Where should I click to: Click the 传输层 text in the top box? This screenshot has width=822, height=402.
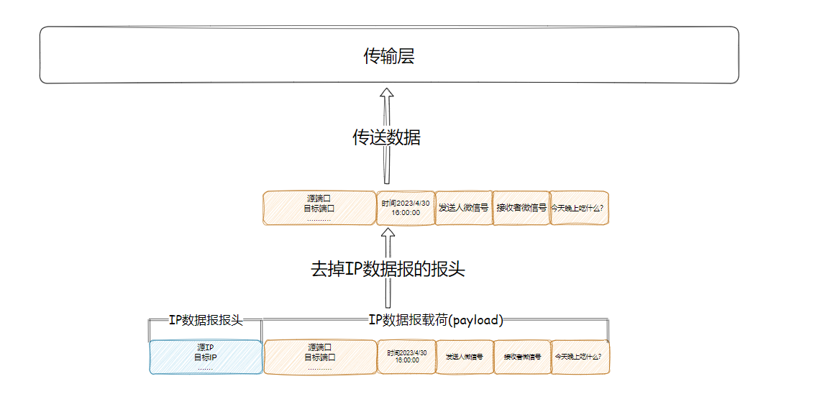click(x=388, y=56)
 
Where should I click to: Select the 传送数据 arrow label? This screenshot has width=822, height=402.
click(x=386, y=137)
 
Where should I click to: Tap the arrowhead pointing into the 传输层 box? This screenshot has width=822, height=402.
click(x=387, y=95)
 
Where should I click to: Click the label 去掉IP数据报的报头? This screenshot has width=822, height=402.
click(x=388, y=270)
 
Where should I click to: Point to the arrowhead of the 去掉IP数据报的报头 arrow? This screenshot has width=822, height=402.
click(x=388, y=235)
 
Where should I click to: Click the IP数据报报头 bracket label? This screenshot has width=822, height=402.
click(x=206, y=321)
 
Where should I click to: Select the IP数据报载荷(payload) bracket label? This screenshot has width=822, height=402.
click(x=436, y=321)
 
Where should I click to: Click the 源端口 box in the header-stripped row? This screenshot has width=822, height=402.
click(x=319, y=209)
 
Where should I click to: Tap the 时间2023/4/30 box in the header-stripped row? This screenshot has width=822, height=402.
click(x=406, y=209)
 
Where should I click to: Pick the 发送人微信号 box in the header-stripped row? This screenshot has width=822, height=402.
click(x=464, y=209)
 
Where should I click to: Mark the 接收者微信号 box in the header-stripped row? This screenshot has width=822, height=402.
click(x=521, y=209)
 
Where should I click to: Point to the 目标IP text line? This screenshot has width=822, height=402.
click(x=206, y=357)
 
